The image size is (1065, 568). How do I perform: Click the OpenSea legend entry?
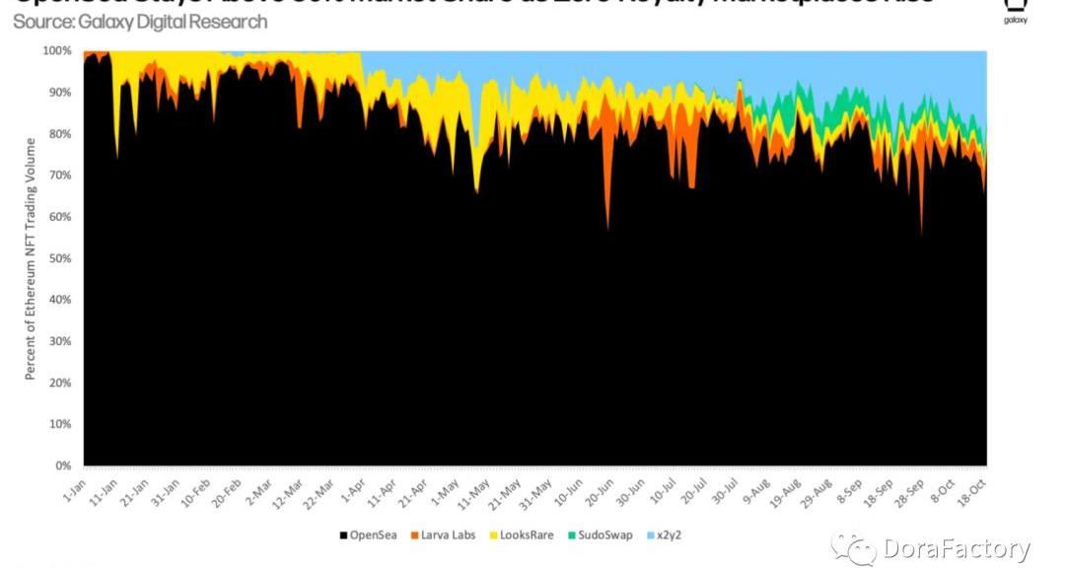click(369, 535)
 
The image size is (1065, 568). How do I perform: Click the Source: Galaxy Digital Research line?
click(140, 22)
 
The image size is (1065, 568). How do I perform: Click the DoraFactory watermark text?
click(956, 548)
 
